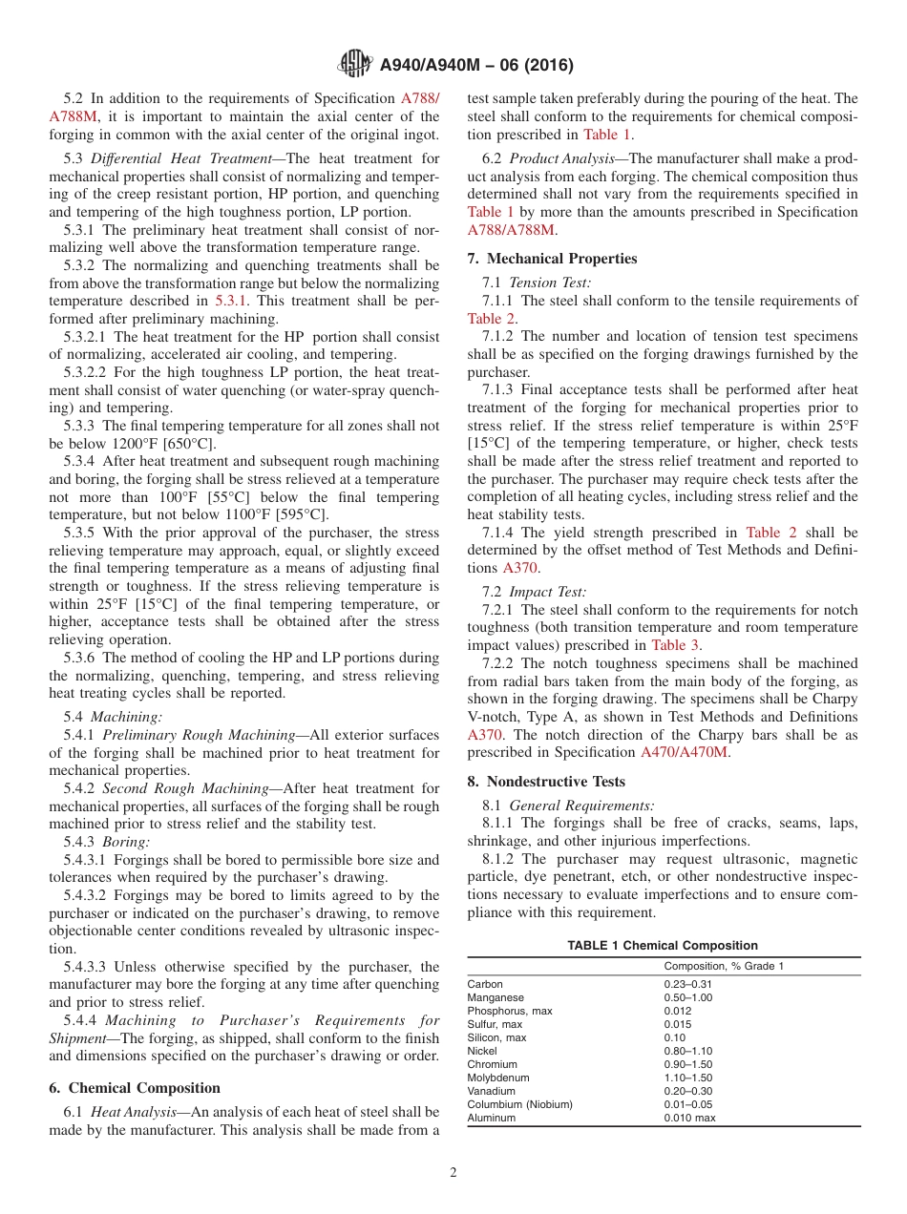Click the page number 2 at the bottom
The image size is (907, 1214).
coord(453,1173)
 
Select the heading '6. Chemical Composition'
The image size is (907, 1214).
coord(135,1088)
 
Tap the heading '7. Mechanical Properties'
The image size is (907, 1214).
coord(552,259)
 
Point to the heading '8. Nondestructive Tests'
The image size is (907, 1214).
coord(546,782)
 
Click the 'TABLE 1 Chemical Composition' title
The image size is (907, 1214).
coord(663,946)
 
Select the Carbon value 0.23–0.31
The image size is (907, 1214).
coord(688,984)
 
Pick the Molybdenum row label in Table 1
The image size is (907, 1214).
coord(496,1078)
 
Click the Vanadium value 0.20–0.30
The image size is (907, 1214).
coord(688,1091)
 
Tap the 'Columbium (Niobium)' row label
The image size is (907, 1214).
coord(519,1104)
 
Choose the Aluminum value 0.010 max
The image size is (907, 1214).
coord(689,1118)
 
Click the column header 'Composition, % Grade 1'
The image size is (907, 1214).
coord(723,966)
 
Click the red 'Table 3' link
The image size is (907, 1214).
coord(675,645)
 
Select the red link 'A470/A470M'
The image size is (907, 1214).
coord(685,752)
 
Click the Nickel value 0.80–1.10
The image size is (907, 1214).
coord(688,1051)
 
